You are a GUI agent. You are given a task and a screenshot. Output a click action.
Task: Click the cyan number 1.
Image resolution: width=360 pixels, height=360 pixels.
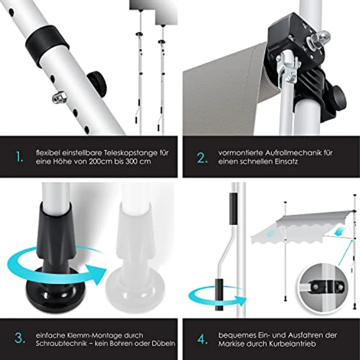pos(19,157)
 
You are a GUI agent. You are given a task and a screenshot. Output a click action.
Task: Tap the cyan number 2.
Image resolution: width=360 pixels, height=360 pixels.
pos(202,157)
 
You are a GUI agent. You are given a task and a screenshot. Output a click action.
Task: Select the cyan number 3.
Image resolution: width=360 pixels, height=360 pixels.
pos(20,338)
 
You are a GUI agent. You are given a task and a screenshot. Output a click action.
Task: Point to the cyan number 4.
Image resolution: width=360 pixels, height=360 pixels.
pos(202,339)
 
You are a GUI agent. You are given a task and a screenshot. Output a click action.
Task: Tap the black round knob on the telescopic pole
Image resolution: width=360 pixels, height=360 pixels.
pos(97,83)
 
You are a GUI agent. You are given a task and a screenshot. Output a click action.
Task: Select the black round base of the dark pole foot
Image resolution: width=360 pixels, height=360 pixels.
pos(55,290)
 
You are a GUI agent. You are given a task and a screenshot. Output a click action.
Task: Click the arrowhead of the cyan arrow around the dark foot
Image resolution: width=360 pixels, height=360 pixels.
pos(96,274)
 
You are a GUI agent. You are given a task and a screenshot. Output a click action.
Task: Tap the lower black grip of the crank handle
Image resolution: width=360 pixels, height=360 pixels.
pos(219,294)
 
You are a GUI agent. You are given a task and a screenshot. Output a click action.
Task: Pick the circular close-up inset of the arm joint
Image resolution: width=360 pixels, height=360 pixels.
pos(324,287)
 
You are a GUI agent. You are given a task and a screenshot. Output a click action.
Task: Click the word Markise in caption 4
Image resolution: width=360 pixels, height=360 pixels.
pos(232,344)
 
